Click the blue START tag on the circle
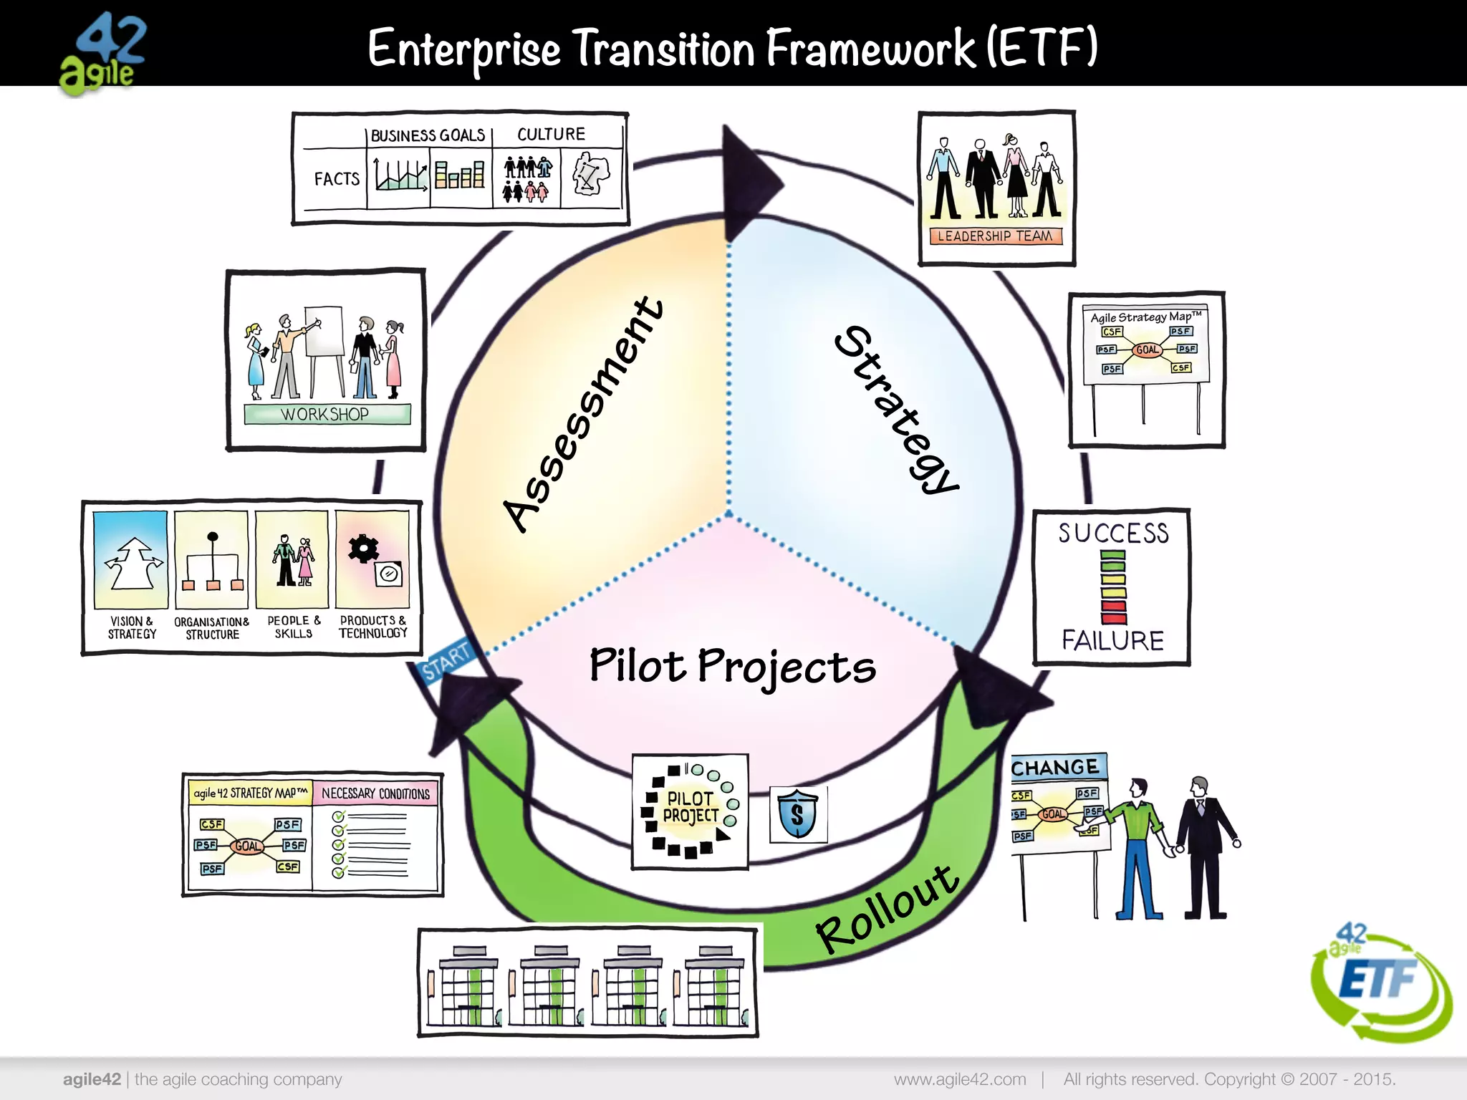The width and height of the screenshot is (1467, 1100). click(444, 660)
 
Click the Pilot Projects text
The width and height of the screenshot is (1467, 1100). click(732, 666)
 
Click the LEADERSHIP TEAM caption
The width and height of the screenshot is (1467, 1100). click(995, 236)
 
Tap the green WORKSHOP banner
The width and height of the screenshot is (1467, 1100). click(327, 415)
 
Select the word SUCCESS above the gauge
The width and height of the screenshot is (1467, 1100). click(1113, 534)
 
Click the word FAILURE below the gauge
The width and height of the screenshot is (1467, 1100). click(1112, 640)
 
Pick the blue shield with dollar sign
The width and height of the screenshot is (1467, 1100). click(797, 814)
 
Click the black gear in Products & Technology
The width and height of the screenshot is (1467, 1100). click(363, 549)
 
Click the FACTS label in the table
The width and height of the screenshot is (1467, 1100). click(337, 179)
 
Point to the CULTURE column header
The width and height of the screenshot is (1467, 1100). click(551, 135)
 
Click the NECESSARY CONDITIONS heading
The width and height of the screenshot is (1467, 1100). click(375, 793)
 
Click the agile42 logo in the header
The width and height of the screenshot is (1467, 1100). click(105, 54)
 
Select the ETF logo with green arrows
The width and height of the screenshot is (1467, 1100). click(1379, 981)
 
